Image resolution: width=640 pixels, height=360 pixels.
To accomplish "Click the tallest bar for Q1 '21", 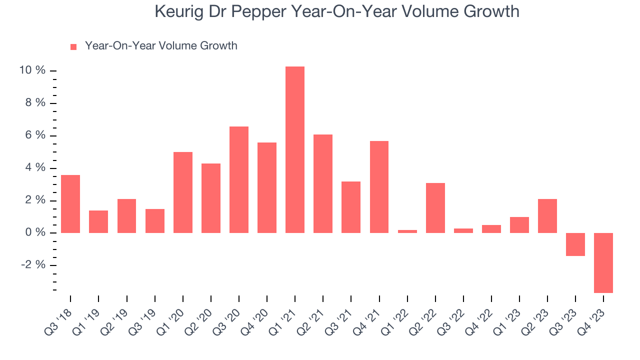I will (x=295, y=149).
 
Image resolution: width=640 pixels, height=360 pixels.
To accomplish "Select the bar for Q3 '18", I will (x=70, y=204).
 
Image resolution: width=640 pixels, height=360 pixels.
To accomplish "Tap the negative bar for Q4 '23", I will (x=603, y=262).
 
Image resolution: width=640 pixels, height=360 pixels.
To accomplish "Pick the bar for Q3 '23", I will (x=575, y=244).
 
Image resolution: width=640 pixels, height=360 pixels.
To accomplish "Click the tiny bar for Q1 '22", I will (x=407, y=231).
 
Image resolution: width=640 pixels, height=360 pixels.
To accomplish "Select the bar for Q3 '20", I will (x=239, y=179).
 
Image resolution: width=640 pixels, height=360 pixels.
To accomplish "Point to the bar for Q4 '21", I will (x=379, y=187).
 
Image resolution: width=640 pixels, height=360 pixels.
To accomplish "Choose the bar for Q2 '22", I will (x=435, y=208).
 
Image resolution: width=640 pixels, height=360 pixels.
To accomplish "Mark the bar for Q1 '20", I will (x=183, y=192).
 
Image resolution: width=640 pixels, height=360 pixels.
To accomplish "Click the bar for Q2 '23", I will (x=547, y=216).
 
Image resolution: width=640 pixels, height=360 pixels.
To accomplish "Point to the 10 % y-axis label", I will (x=32, y=70).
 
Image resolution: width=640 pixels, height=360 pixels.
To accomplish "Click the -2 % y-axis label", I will (x=33, y=265).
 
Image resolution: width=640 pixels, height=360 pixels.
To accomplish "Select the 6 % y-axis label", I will (x=35, y=135).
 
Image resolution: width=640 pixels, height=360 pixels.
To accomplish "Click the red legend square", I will (x=73, y=47).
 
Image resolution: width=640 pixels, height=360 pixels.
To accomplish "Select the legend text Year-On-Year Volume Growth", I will (x=161, y=46).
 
